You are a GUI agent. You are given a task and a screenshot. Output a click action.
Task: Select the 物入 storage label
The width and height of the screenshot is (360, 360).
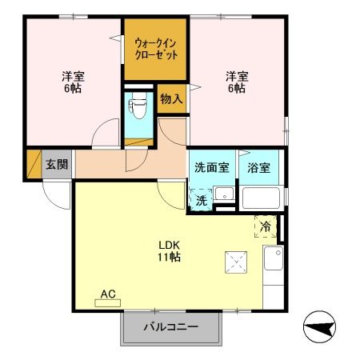pyautogui.click(x=171, y=99)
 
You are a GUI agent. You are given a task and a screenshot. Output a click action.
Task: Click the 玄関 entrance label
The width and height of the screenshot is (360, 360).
pyautogui.click(x=56, y=165)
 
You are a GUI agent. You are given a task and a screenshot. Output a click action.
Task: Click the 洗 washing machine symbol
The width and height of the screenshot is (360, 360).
pyautogui.click(x=202, y=200)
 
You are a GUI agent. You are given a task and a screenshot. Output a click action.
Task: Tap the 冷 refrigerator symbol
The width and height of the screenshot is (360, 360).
pyautogui.click(x=265, y=227)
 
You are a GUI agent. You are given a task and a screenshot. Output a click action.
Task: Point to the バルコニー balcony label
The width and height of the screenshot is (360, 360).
pyautogui.click(x=170, y=326)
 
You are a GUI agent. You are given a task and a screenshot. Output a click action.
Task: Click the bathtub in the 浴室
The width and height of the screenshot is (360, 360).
pyautogui.click(x=259, y=199)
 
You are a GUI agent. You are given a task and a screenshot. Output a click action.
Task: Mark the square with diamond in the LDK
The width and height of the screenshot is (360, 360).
pyautogui.click(x=236, y=262)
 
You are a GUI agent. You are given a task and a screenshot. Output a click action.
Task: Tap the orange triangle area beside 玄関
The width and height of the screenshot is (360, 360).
pyautogui.click(x=33, y=164)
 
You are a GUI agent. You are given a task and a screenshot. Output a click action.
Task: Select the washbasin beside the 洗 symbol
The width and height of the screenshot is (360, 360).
pyautogui.click(x=225, y=194)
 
